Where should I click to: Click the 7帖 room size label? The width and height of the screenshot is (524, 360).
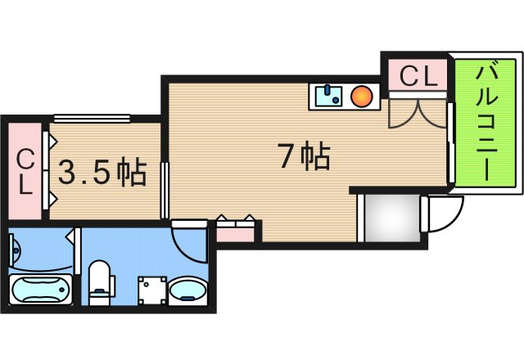pyautogui.click(x=303, y=155)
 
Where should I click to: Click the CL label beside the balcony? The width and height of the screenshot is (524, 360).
pyautogui.click(x=418, y=78)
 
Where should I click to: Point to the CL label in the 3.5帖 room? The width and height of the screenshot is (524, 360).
pyautogui.click(x=25, y=172)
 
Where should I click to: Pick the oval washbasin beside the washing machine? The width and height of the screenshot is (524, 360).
pyautogui.click(x=188, y=290)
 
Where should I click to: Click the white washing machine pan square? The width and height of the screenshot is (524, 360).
pyautogui.click(x=151, y=290)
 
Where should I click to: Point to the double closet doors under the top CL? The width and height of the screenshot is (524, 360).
pyautogui.click(x=418, y=113)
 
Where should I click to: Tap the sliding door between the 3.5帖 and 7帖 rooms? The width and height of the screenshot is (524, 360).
pyautogui.click(x=165, y=190)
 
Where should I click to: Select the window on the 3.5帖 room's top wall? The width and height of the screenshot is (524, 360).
pyautogui.click(x=92, y=118)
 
